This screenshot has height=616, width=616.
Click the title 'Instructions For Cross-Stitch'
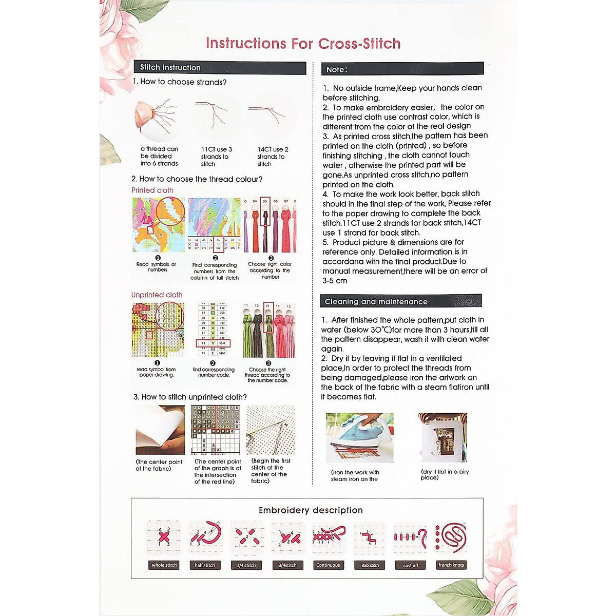[303, 44]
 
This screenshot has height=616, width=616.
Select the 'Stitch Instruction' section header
[170, 67]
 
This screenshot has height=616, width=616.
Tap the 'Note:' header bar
[337, 69]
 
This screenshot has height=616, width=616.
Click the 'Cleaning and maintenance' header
[376, 302]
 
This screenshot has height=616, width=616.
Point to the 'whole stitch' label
[164, 565]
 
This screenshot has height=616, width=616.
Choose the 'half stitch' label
[205, 565]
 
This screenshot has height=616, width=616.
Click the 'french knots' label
[451, 565]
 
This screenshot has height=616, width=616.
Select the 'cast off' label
[410, 565]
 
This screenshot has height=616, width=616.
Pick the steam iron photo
[359, 438]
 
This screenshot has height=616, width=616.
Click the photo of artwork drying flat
[442, 437]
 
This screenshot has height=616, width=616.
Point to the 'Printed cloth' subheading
[152, 190]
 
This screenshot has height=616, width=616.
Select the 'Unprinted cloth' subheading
[157, 295]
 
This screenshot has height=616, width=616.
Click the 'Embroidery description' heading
[311, 510]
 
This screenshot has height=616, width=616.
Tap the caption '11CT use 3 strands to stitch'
[216, 157]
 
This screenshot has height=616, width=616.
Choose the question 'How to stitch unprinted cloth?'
[190, 397]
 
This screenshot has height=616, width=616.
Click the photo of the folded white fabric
[160, 430]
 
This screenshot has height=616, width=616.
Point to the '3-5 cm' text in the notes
[335, 281]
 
